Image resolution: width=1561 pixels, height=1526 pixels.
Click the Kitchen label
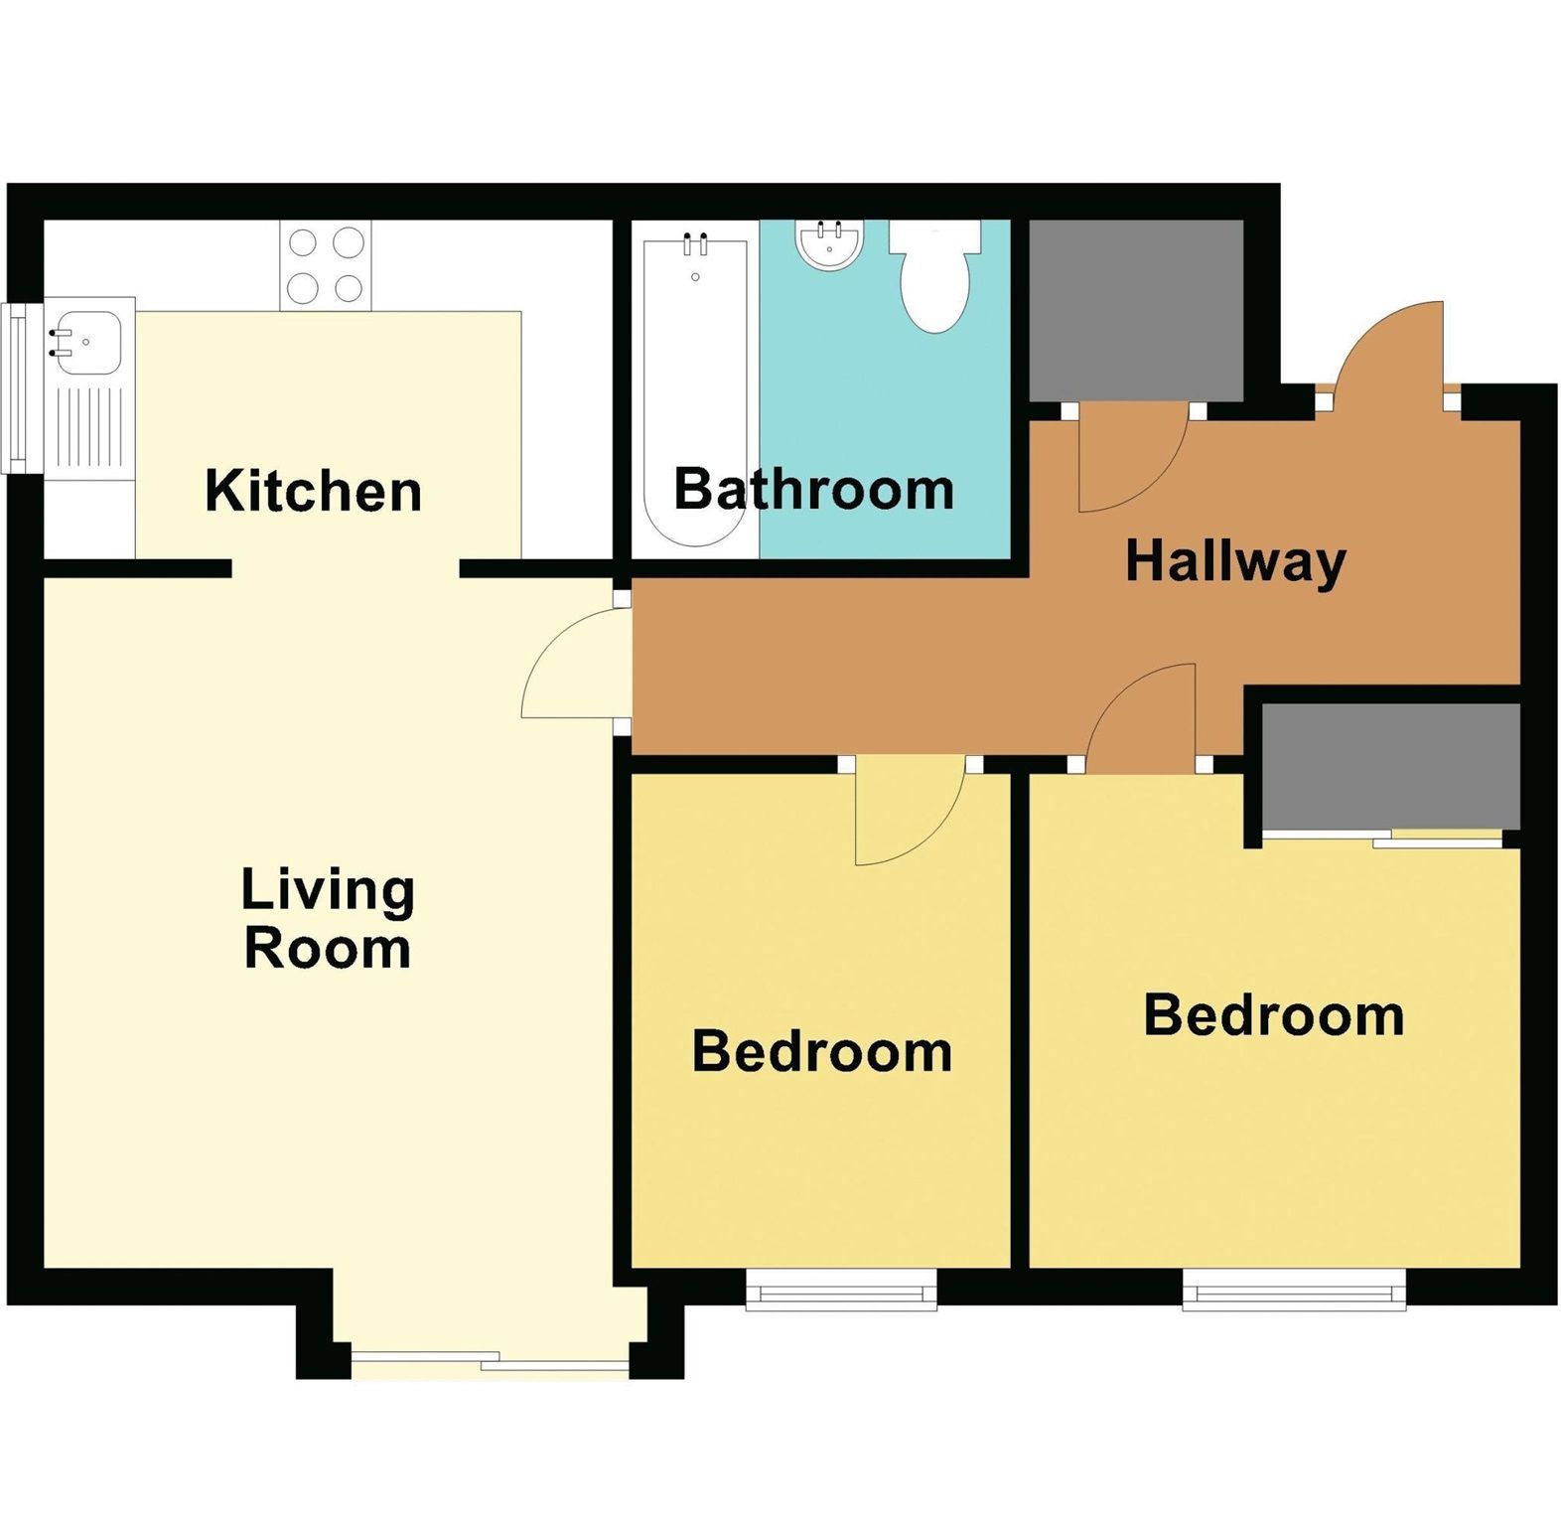click(x=313, y=491)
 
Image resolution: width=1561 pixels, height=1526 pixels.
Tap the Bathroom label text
click(x=813, y=489)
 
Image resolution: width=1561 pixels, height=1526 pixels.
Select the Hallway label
click(x=1235, y=561)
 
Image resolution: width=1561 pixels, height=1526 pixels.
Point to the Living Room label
click(x=328, y=918)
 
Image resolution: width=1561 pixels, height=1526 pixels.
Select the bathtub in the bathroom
click(x=695, y=387)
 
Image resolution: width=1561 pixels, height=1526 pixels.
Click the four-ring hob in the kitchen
click(x=326, y=265)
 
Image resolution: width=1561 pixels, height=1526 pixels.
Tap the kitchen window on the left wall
click(x=18, y=387)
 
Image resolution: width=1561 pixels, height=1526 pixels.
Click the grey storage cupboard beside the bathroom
click(x=1135, y=310)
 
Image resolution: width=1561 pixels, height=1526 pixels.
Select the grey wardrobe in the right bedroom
click(x=1390, y=765)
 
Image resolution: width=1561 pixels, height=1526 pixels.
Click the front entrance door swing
click(x=1390, y=353)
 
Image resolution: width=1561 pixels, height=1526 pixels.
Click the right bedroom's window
click(x=1294, y=1293)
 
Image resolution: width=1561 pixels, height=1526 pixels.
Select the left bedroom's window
click(x=841, y=1293)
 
